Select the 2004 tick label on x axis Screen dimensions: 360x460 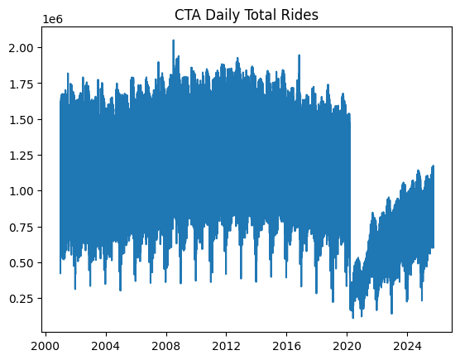click(105, 344)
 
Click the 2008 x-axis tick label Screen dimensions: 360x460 click(165, 344)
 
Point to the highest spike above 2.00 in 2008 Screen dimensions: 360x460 click(173, 41)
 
